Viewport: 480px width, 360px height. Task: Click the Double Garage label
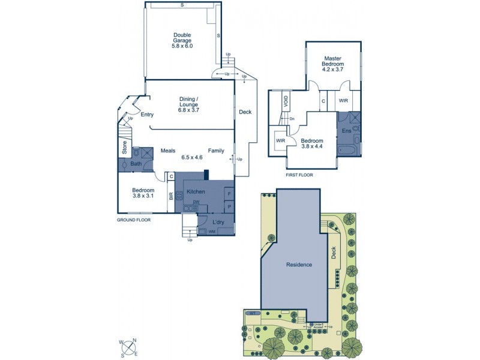[182, 40]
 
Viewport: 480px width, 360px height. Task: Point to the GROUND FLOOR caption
[134, 220]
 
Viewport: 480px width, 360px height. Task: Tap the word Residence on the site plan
[298, 265]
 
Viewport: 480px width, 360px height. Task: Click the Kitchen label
[196, 191]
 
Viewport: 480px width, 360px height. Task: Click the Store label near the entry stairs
[124, 148]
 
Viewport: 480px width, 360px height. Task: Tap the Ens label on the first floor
[346, 131]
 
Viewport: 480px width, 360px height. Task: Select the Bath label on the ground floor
[136, 164]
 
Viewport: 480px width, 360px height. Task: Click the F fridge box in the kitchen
[228, 193]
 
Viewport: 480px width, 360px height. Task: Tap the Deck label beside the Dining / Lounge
[245, 112]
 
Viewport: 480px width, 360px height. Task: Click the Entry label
[147, 115]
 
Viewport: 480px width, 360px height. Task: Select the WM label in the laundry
[212, 231]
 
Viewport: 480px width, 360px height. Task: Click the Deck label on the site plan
[334, 254]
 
